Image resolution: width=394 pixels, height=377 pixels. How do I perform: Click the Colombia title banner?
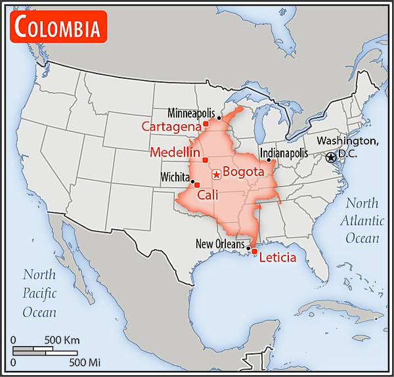click(x=58, y=27)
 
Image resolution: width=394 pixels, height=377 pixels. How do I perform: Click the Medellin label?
click(x=175, y=152)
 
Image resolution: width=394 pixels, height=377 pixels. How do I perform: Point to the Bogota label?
click(x=243, y=172)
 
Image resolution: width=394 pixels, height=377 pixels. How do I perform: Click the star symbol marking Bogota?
click(x=216, y=175)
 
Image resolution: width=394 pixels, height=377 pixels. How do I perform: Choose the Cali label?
click(x=208, y=194)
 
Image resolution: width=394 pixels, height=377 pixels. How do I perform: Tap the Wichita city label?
click(x=174, y=177)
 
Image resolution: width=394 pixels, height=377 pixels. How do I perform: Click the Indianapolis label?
click(x=284, y=152)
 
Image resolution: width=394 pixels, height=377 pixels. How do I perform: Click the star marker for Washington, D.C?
click(x=331, y=158)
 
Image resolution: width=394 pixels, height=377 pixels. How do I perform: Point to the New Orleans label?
click(x=221, y=244)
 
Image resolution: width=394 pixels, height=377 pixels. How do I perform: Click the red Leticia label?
click(x=278, y=257)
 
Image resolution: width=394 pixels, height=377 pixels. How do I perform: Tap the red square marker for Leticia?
click(x=254, y=252)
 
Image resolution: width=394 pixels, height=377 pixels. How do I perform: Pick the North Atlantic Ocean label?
click(x=362, y=220)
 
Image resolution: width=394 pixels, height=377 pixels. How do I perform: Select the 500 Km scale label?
click(x=62, y=340)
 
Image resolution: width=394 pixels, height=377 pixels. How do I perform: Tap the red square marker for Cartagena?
click(x=206, y=123)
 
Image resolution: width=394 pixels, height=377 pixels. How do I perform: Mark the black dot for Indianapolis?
click(x=269, y=160)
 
